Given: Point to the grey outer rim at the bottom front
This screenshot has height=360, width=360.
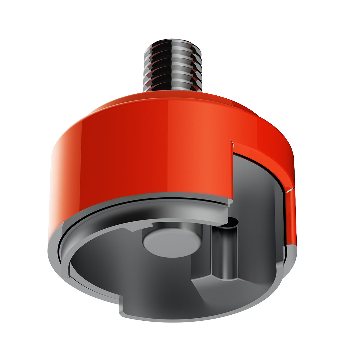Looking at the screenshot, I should [195, 318].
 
